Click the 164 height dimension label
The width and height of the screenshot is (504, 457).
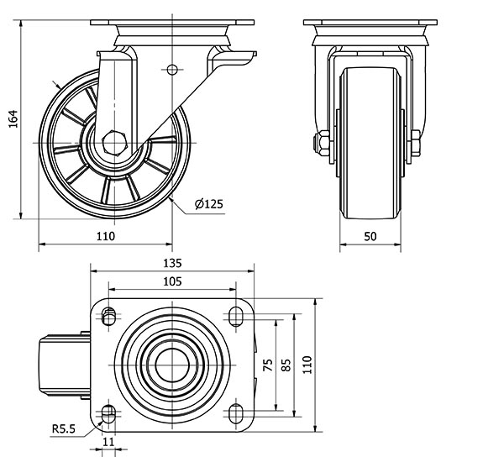coord(13,120)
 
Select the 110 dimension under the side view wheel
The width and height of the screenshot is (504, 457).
coord(105,236)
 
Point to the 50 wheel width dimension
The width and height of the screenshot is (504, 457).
coord(370,237)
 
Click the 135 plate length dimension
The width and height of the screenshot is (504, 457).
coord(171,263)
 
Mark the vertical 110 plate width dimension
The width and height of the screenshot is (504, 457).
coord(308,364)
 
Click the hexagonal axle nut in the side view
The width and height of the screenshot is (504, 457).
coord(115,142)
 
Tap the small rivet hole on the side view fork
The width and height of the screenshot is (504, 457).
coord(173,69)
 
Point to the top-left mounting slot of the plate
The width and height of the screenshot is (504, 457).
coord(108,316)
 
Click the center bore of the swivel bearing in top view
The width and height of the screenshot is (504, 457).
coord(171,364)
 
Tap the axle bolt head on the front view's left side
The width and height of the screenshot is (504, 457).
coord(323,144)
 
